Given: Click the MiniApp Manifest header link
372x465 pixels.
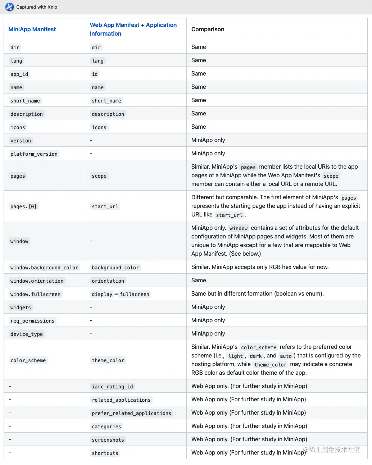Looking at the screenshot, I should tap(32, 29).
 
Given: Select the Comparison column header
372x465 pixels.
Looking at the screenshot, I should tap(208, 29).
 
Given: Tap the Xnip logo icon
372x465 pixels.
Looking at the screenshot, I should tap(9, 7).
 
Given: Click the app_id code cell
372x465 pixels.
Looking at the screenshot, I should tap(19, 74).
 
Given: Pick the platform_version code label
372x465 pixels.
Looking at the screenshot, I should tap(34, 154).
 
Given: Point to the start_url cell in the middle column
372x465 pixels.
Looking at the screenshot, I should tap(105, 206).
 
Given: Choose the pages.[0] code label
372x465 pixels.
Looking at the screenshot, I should tap(23, 206).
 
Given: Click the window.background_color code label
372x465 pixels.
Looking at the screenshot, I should tap(44, 268).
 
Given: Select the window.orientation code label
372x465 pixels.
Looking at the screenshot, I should tap(37, 281).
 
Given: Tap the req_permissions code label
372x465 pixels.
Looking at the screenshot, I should tap(32, 321).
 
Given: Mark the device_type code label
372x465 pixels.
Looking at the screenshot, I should tap(27, 334).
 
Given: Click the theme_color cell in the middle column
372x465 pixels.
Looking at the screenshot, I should tap(108, 360).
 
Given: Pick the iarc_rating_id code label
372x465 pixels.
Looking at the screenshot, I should tap(112, 387).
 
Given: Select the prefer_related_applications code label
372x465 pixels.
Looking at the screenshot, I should tap(131, 413).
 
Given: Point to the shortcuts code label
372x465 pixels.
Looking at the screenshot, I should tap(105, 453).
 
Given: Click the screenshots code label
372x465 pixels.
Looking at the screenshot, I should tap(108, 440).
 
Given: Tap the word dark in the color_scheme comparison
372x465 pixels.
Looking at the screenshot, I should tap(256, 356).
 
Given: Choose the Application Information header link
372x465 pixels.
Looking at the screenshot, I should tap(161, 25).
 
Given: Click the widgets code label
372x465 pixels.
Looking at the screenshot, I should tap(21, 307).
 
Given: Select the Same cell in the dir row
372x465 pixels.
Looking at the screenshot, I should tap(199, 47).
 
